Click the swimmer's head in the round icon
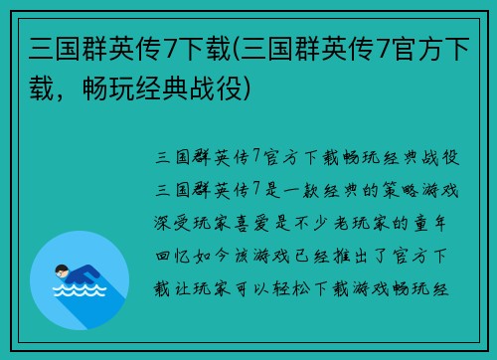tap(61, 270)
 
